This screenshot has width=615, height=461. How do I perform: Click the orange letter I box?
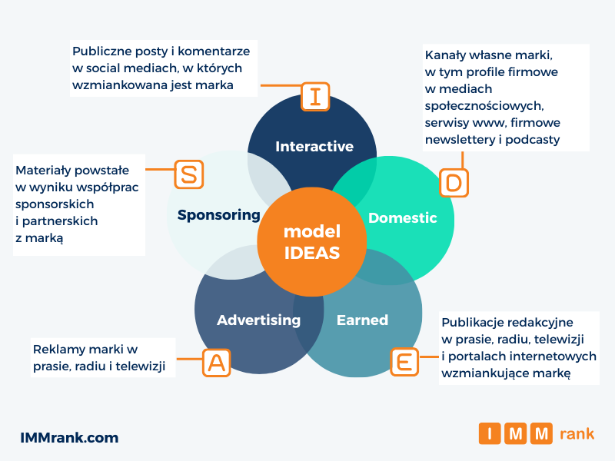pos(314,97)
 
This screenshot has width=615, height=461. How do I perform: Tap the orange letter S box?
pos(189,174)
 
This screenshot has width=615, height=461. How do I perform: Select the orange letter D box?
pos(454,183)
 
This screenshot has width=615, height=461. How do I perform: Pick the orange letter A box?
pos(217,362)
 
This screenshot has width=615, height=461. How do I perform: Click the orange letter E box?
pos(404,361)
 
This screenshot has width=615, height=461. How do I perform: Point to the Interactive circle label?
pos(314,146)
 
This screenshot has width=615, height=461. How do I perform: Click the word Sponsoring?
pos(218,214)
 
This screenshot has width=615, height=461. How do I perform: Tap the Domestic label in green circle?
pos(402,217)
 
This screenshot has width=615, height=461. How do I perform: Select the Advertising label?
pos(258,320)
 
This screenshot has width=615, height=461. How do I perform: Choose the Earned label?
pos(362,320)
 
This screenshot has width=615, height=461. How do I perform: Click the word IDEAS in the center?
pos(312,253)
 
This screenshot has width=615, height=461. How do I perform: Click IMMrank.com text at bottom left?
pos(69,438)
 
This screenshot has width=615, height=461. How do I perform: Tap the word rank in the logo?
pos(577,434)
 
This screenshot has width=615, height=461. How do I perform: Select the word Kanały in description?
pos(447,55)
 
